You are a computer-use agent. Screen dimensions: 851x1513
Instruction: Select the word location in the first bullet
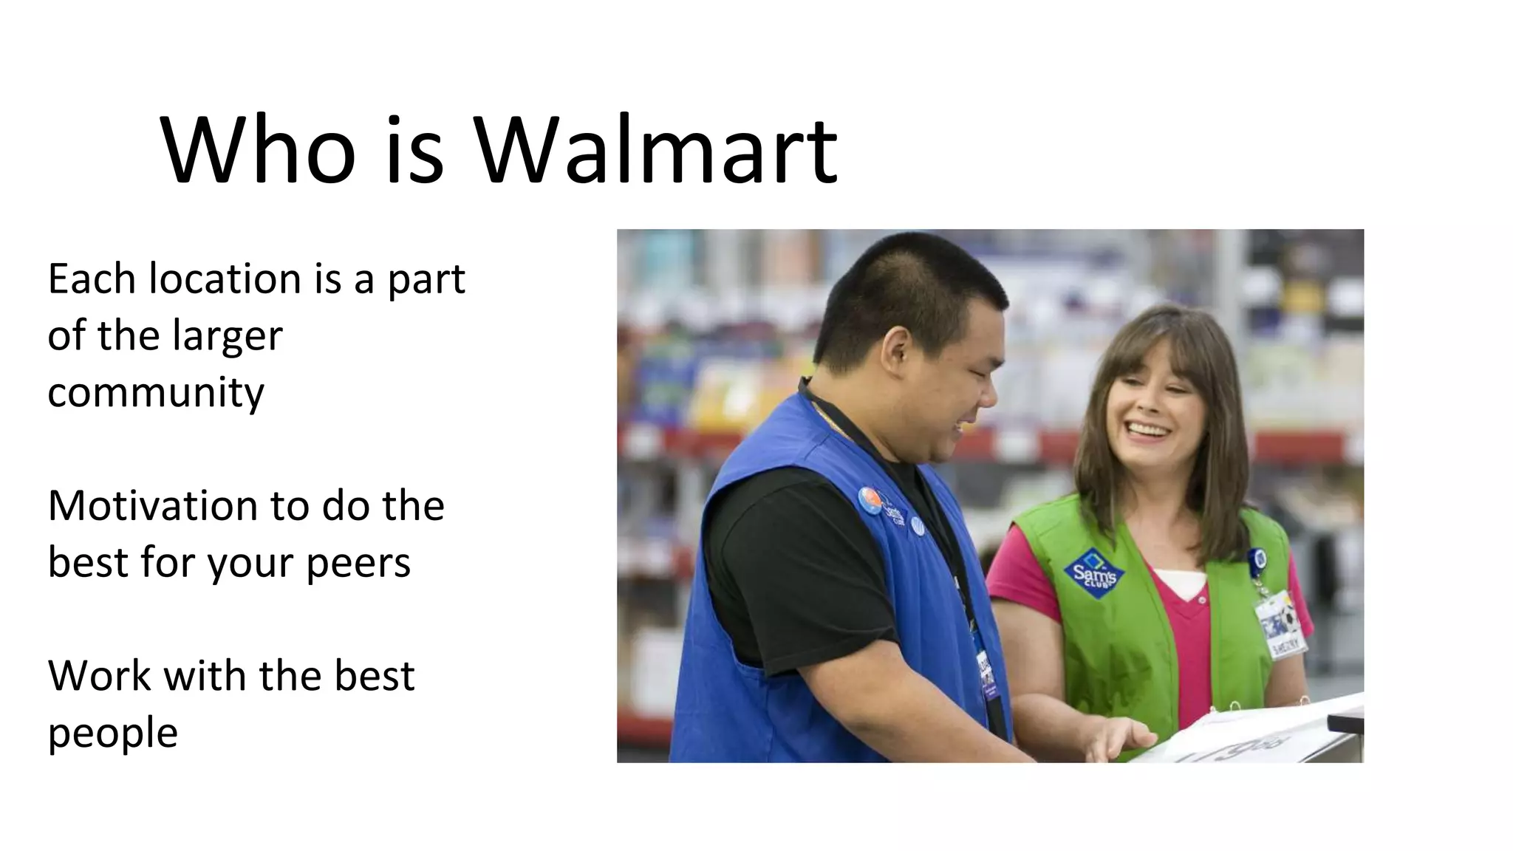(225, 279)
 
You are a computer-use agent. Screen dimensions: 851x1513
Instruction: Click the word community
(156, 392)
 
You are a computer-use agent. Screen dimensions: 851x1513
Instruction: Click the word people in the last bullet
(112, 734)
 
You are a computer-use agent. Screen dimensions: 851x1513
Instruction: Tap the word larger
(228, 337)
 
